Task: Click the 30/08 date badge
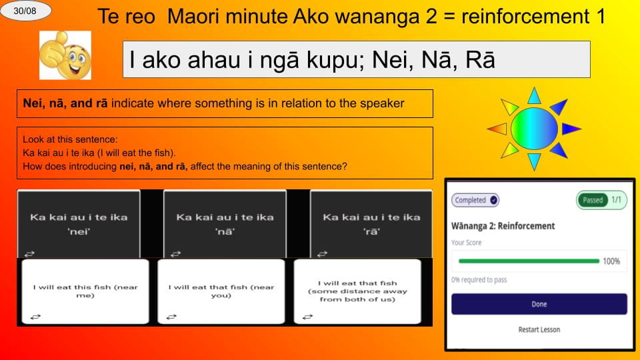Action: tap(26, 11)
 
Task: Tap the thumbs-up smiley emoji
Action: tap(65, 56)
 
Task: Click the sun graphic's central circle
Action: tap(533, 127)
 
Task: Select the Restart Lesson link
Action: tap(539, 329)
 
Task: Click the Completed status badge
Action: tap(475, 200)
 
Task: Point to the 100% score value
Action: tap(611, 261)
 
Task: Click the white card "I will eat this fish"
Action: tap(85, 291)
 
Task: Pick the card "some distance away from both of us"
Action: tap(357, 291)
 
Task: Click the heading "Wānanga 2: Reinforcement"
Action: tap(503, 226)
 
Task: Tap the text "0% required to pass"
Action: tap(479, 280)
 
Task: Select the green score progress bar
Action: tap(525, 261)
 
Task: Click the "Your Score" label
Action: tap(466, 243)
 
